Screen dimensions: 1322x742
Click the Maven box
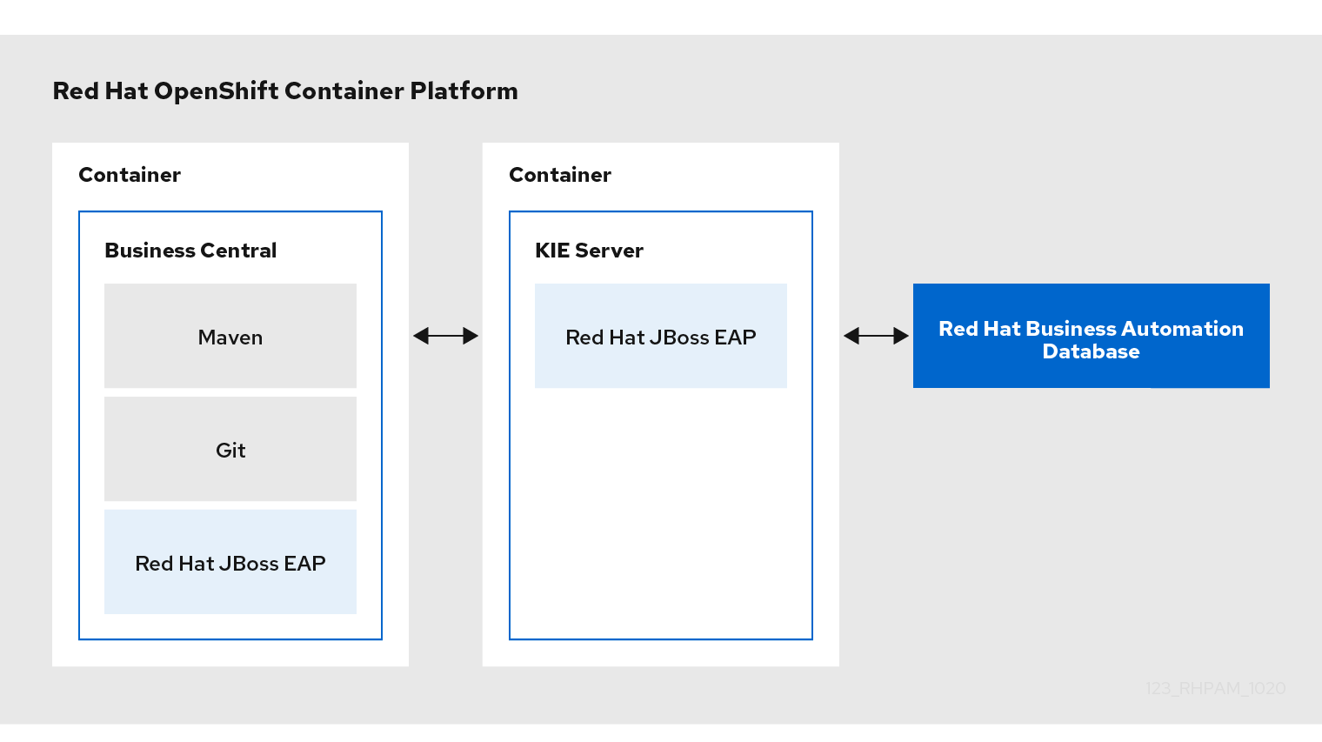pos(230,335)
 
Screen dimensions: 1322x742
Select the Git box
pos(230,449)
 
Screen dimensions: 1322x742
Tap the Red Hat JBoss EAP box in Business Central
pos(230,561)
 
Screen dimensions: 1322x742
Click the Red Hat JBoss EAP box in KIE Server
pos(660,335)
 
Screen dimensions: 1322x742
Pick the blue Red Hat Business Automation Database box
pos(1092,335)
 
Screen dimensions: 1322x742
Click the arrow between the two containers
pos(445,336)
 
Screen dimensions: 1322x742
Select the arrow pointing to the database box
pos(876,336)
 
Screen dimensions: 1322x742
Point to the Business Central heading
pos(190,251)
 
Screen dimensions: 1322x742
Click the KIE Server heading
pos(589,251)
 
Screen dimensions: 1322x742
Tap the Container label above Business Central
pos(130,175)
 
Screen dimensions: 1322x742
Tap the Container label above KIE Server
pos(559,175)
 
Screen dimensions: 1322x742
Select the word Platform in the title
pos(464,91)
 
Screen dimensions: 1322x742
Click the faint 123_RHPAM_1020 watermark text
pos(1216,688)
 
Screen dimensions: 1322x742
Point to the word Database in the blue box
pos(1091,351)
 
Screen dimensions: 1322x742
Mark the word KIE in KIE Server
pos(552,251)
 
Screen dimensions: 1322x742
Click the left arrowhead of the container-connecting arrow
pos(421,336)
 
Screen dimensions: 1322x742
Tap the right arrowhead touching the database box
pos(901,336)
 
